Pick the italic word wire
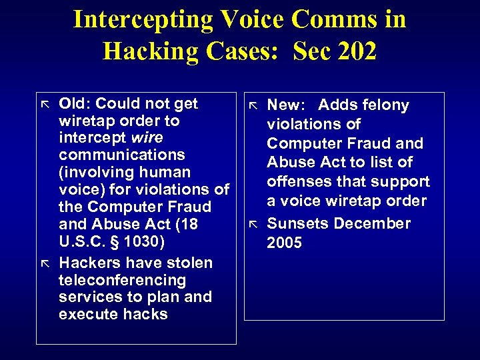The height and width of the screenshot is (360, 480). coord(148,137)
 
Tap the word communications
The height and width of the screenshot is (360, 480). coord(122,155)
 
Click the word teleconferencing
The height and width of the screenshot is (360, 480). coord(122,280)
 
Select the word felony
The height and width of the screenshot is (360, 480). coord(386,105)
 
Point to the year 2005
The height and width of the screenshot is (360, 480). coord(284,243)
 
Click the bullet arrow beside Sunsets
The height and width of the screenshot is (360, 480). coord(253,222)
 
